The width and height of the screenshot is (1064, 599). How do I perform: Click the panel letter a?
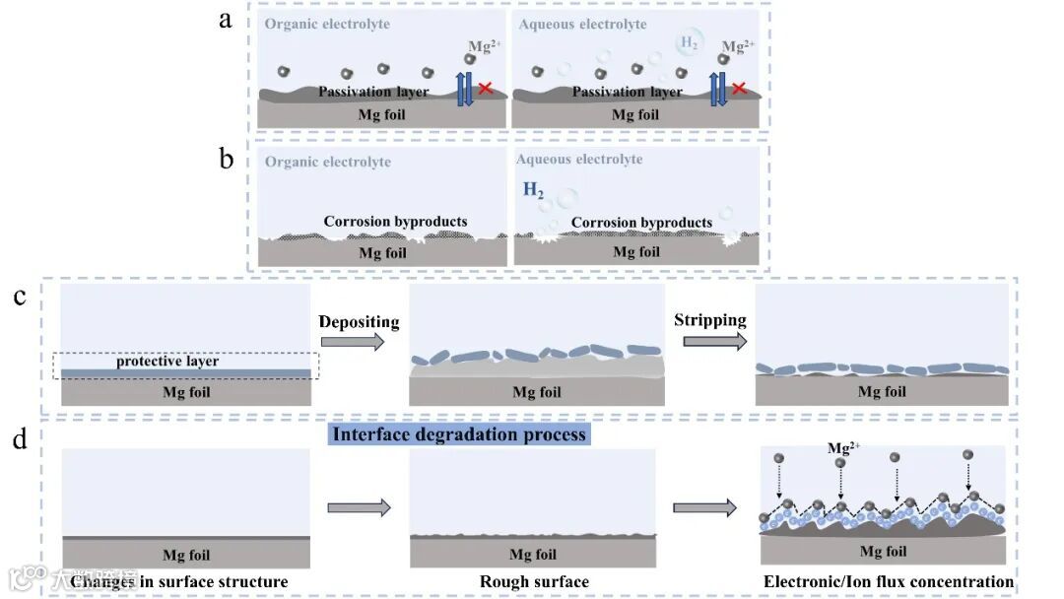(226, 19)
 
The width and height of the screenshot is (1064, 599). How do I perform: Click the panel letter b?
(227, 159)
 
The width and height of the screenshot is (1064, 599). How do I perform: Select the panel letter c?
(20, 297)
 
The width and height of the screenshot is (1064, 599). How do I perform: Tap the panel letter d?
(20, 439)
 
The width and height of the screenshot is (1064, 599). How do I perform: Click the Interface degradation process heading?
(459, 434)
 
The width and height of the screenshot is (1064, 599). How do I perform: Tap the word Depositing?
(359, 322)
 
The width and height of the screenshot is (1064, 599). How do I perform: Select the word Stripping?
(709, 320)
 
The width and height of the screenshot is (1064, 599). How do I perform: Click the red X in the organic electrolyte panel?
(486, 90)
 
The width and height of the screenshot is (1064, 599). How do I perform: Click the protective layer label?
(167, 362)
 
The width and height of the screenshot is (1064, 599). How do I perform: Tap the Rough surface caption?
(534, 581)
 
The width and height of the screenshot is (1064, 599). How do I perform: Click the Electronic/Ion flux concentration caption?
(889, 581)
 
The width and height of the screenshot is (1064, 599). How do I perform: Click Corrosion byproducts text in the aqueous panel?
(641, 223)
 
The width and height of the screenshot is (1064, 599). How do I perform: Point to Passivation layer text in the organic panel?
(373, 92)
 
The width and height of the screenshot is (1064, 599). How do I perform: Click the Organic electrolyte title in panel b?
(328, 162)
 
